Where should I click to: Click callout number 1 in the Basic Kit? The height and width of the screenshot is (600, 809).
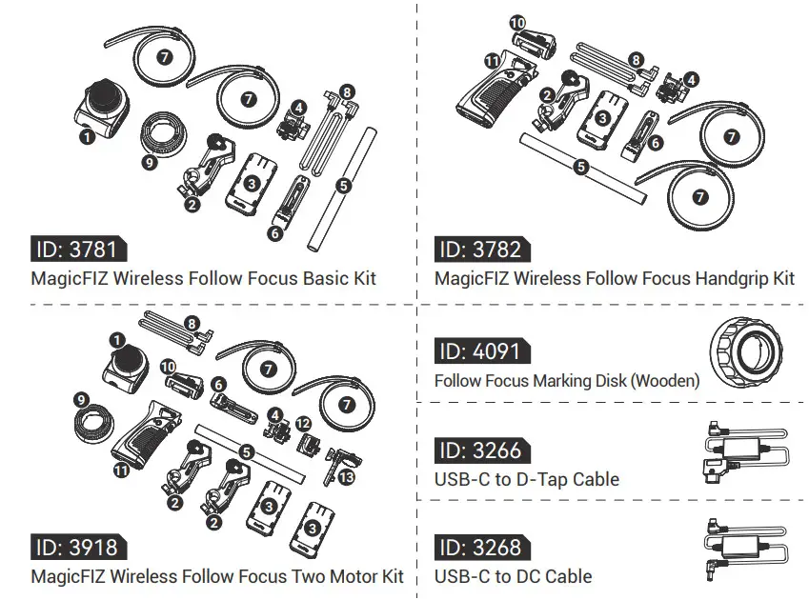[88, 137]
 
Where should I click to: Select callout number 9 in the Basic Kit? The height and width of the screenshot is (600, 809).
[148, 163]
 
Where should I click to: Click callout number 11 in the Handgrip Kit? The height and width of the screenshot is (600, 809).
[492, 60]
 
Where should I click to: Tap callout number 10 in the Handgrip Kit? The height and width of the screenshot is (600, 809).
[517, 22]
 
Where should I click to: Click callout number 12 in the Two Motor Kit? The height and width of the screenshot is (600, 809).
[303, 423]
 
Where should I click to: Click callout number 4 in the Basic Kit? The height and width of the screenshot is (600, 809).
[299, 108]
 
